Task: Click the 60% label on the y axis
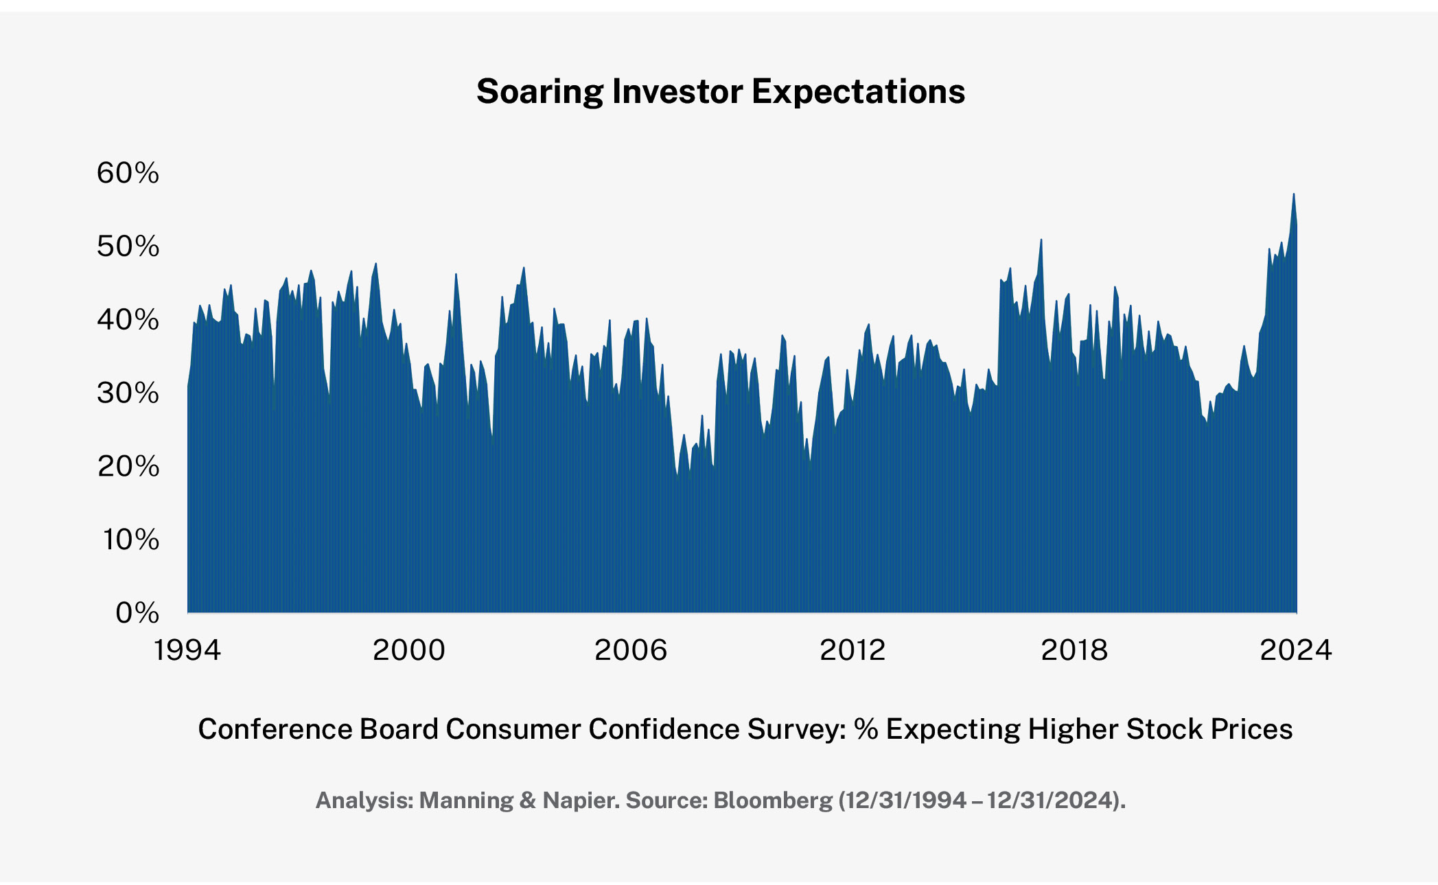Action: click(128, 172)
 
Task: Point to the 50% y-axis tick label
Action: click(128, 246)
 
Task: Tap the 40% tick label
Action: click(128, 319)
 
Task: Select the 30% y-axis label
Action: click(128, 393)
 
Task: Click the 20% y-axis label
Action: click(128, 466)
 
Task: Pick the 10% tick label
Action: click(130, 540)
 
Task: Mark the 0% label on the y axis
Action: click(137, 612)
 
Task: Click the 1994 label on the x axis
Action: click(187, 650)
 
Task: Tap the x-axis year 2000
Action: click(409, 650)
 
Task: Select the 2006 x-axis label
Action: click(631, 650)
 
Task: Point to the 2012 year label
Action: click(853, 650)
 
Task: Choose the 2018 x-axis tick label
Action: click(1074, 650)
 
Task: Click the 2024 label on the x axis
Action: click(1296, 650)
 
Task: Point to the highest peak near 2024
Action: click(1293, 195)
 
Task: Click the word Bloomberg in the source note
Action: click(773, 801)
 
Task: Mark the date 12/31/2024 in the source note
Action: click(1050, 801)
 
